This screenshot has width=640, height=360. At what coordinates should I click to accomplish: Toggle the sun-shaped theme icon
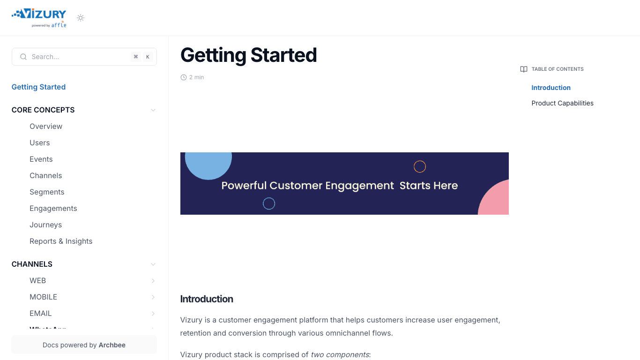click(x=81, y=18)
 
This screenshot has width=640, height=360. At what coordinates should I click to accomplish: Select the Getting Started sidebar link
click(x=38, y=87)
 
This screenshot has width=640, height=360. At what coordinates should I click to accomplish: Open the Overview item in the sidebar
click(x=46, y=127)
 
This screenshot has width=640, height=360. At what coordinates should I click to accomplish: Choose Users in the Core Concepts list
click(x=40, y=143)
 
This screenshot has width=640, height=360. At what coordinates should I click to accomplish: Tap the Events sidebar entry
click(x=41, y=159)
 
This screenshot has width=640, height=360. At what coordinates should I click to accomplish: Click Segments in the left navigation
click(x=47, y=192)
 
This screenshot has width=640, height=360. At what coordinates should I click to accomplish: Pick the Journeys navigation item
click(x=46, y=225)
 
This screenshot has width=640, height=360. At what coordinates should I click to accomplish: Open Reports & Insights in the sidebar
click(x=61, y=241)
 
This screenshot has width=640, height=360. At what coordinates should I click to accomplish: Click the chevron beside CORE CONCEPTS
click(x=153, y=110)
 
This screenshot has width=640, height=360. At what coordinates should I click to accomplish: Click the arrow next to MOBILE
click(x=153, y=297)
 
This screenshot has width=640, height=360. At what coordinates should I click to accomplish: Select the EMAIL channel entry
click(x=41, y=314)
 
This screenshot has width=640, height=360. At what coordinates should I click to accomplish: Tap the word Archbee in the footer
click(x=112, y=345)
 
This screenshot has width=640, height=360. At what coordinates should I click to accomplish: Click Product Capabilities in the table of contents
click(x=562, y=103)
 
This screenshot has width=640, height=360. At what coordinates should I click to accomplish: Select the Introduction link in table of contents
click(x=551, y=88)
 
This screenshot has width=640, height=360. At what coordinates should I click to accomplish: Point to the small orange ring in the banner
click(x=420, y=166)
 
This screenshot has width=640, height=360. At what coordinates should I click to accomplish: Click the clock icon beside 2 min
click(x=184, y=77)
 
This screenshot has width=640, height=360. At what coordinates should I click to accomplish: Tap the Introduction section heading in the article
click(x=207, y=299)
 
